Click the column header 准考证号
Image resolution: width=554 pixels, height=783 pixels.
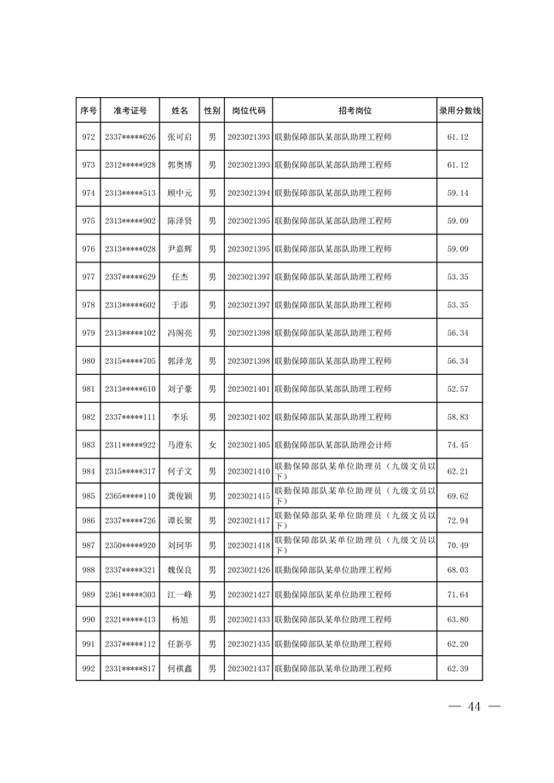coord(130,111)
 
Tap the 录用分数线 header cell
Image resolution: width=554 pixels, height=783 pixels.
coord(459,111)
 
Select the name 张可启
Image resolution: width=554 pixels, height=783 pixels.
coord(180,137)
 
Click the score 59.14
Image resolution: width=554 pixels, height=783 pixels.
coord(459,193)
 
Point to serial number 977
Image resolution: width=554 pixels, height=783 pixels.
coord(88,277)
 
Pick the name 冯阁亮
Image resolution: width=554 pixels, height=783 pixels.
coord(180,333)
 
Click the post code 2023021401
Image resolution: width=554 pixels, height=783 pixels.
coord(249,389)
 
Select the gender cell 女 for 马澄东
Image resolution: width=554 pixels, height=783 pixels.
coord(212,445)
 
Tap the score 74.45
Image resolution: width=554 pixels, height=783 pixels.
coord(459,445)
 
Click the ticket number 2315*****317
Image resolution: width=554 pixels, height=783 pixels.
coord(130,471)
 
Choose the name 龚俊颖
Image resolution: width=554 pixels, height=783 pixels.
coord(180,496)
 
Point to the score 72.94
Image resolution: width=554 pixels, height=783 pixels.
coord(459,521)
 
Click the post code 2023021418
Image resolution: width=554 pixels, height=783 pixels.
coord(249,545)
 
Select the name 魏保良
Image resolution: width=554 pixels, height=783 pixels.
coord(180,570)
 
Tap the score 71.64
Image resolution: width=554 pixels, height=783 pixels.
coord(459,595)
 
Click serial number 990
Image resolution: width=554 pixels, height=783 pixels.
coord(88,619)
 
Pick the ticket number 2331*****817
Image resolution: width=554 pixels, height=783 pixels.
coord(130,669)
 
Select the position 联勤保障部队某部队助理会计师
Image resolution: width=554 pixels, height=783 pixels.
coord(333,445)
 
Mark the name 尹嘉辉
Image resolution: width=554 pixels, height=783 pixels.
coord(180,249)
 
